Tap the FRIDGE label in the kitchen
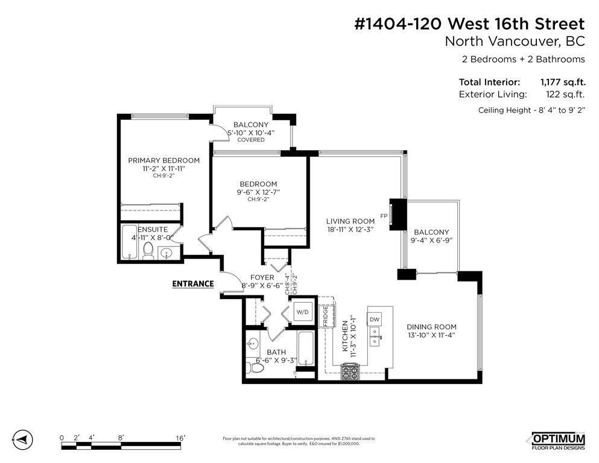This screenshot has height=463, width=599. [x=325, y=315]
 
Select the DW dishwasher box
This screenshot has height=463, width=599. [x=374, y=319]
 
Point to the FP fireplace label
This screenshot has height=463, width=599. [x=383, y=216]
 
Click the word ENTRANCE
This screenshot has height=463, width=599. [x=193, y=283]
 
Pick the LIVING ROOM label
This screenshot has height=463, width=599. [x=350, y=221]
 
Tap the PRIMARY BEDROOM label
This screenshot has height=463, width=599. [x=163, y=160]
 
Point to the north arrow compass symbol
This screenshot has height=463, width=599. [x=22, y=439]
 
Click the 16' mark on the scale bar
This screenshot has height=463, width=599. [x=180, y=438]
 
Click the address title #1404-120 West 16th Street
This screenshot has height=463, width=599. [x=468, y=24]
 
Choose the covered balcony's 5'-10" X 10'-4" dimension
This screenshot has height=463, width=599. [x=250, y=133]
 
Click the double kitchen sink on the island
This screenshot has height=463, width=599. [x=375, y=336]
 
